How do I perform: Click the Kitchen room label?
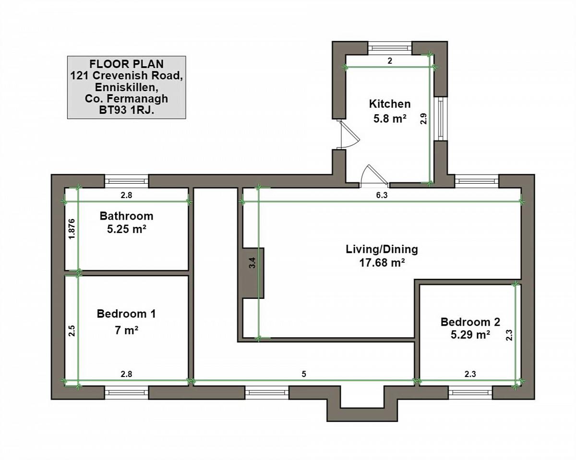390,104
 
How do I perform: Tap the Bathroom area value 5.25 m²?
127,229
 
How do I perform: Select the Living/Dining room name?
382,249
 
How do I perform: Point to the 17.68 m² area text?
382,263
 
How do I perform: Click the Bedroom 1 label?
126,314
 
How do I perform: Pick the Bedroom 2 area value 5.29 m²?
470,335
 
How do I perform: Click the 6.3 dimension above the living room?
382,195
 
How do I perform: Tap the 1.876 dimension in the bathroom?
72,229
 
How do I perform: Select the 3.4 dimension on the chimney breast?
252,263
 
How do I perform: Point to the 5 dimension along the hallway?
304,374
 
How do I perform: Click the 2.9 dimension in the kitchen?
423,119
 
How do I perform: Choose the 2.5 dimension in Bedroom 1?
72,330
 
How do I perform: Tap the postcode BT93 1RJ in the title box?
126,110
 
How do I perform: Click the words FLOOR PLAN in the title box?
126,64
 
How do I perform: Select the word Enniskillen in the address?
125,87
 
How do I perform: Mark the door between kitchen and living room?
374,176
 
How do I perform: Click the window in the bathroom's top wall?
126,181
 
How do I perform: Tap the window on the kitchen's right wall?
441,118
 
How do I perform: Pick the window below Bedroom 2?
470,392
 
